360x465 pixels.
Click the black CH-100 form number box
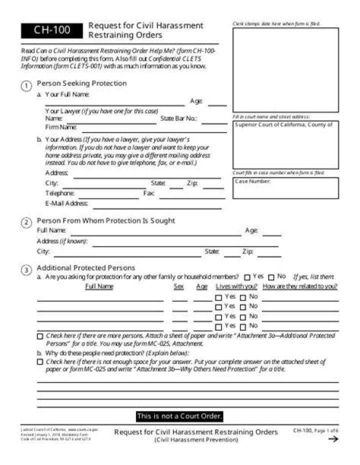tap(52, 30)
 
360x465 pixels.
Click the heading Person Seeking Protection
tap(81, 83)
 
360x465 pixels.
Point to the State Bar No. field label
tap(178, 119)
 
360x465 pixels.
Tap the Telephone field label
tap(60, 193)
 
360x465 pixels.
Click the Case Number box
tap(285, 188)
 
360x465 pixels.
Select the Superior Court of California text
tap(283, 125)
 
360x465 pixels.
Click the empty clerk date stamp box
tap(285, 70)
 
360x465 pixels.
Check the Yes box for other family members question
tap(247, 277)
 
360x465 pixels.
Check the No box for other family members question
tap(271, 277)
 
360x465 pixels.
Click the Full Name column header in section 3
tap(99, 286)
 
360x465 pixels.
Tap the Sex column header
tap(178, 286)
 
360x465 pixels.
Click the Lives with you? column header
tap(236, 286)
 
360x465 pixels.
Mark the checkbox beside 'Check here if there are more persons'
tap(40, 336)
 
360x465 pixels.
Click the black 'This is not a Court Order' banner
tap(179, 416)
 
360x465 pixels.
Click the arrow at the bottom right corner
tap(332, 439)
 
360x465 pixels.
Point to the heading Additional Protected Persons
tap(85, 268)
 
